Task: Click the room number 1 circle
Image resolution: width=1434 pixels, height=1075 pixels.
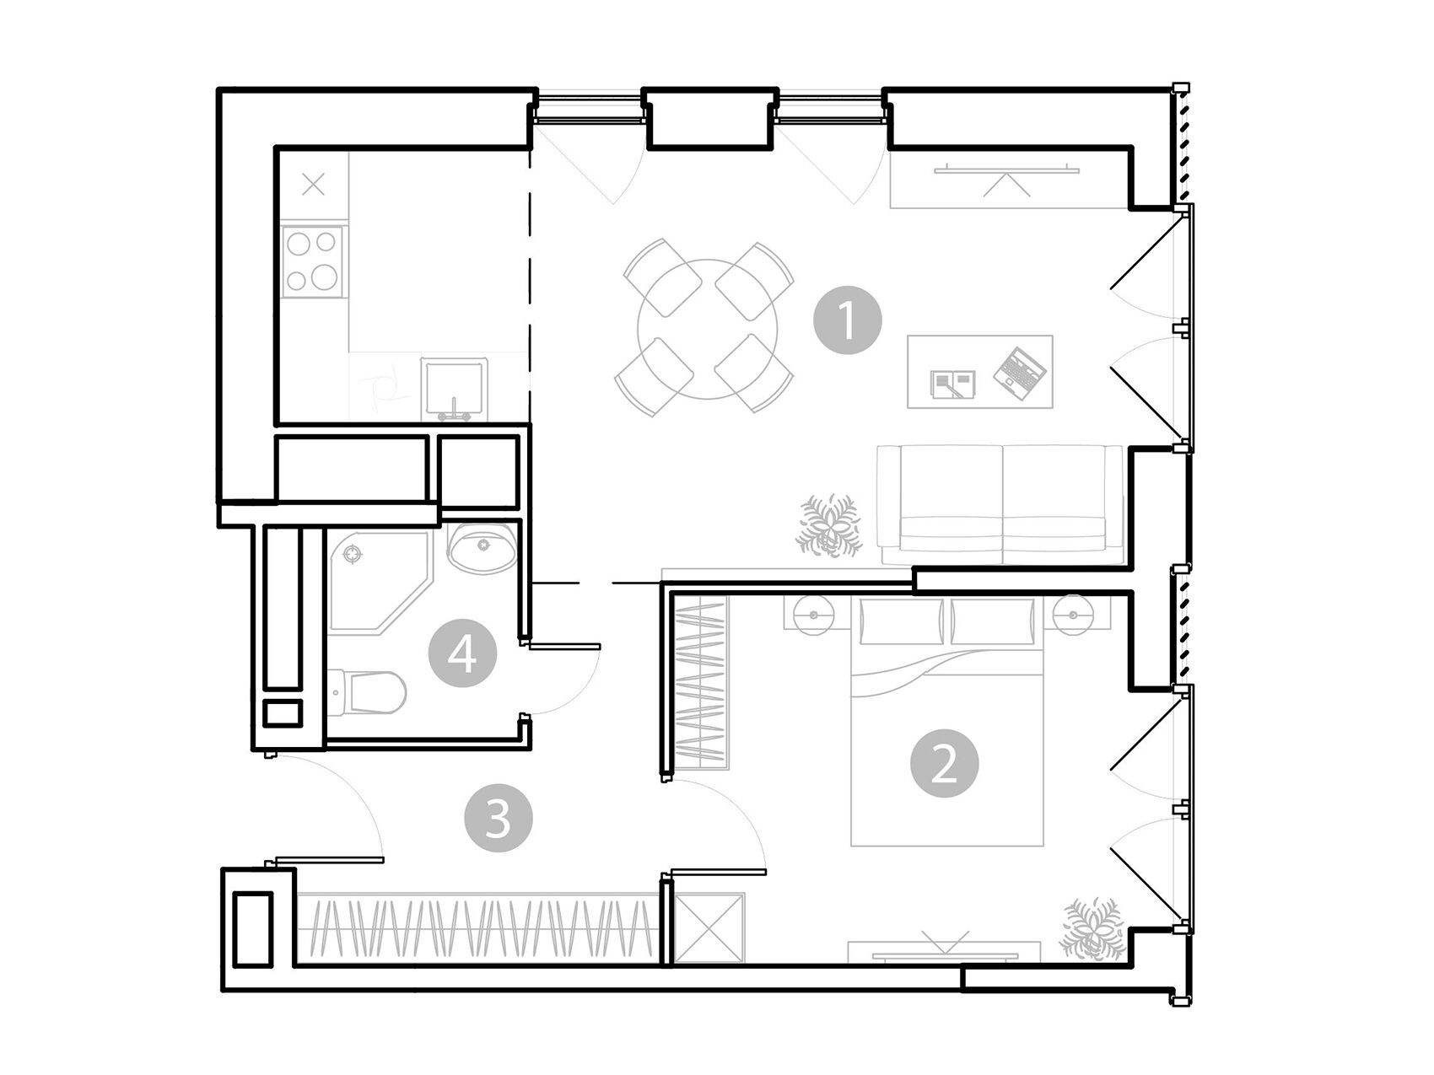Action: (847, 321)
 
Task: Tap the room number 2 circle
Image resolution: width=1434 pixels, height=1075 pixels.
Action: (944, 764)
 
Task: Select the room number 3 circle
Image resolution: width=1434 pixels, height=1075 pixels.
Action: (499, 817)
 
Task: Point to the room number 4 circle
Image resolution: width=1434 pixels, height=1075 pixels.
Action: (461, 654)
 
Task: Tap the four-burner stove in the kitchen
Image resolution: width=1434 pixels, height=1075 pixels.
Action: (314, 261)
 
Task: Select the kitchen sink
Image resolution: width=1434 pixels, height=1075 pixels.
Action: (453, 389)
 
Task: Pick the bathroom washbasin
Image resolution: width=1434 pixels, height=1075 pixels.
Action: (482, 548)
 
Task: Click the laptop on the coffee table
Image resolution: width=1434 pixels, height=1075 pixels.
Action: (1020, 372)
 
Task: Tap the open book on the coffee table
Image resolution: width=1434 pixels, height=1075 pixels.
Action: (953, 384)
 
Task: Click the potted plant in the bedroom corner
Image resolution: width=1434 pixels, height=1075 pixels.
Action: (1094, 929)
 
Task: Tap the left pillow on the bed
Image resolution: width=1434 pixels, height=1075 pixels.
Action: (902, 621)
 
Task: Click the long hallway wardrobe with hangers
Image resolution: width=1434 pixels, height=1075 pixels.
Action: (477, 927)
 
